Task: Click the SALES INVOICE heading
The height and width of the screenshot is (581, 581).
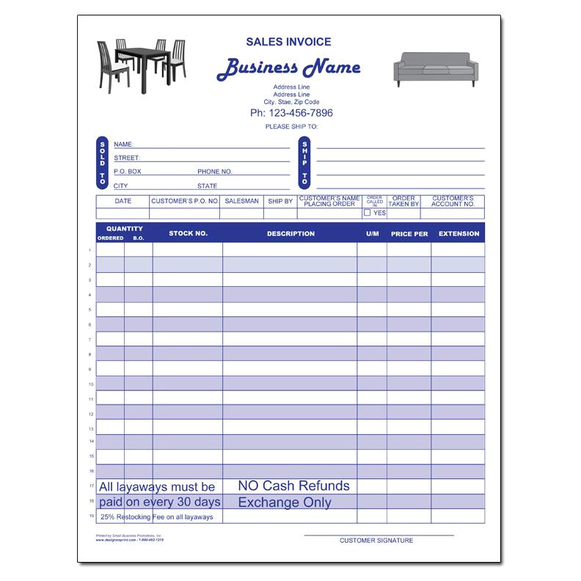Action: coord(288,43)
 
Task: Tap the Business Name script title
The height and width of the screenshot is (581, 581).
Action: coord(288,68)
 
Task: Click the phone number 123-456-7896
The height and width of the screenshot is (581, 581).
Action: coord(291,113)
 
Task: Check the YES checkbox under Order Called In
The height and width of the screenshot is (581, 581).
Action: coord(368,213)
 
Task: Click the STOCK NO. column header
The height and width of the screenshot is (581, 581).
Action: coord(188,233)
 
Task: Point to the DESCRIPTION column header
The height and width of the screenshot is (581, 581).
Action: coord(290,233)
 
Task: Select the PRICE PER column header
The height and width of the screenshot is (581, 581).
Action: coord(409,233)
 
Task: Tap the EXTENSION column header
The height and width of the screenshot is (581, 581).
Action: coord(458,233)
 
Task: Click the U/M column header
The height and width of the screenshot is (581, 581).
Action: coord(373,233)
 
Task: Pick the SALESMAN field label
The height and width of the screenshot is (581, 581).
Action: coord(242,200)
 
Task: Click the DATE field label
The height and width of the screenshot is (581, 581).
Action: coord(123,200)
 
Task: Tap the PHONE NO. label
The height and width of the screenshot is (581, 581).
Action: coord(214,172)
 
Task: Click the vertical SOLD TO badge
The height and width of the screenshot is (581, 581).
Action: coord(103,162)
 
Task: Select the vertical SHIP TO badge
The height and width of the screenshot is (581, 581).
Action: coord(304,162)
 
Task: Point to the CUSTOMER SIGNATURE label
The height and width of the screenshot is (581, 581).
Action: coord(376,541)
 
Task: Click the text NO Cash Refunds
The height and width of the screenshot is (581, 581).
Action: coord(293,486)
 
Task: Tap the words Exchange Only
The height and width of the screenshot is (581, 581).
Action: coord(285,503)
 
